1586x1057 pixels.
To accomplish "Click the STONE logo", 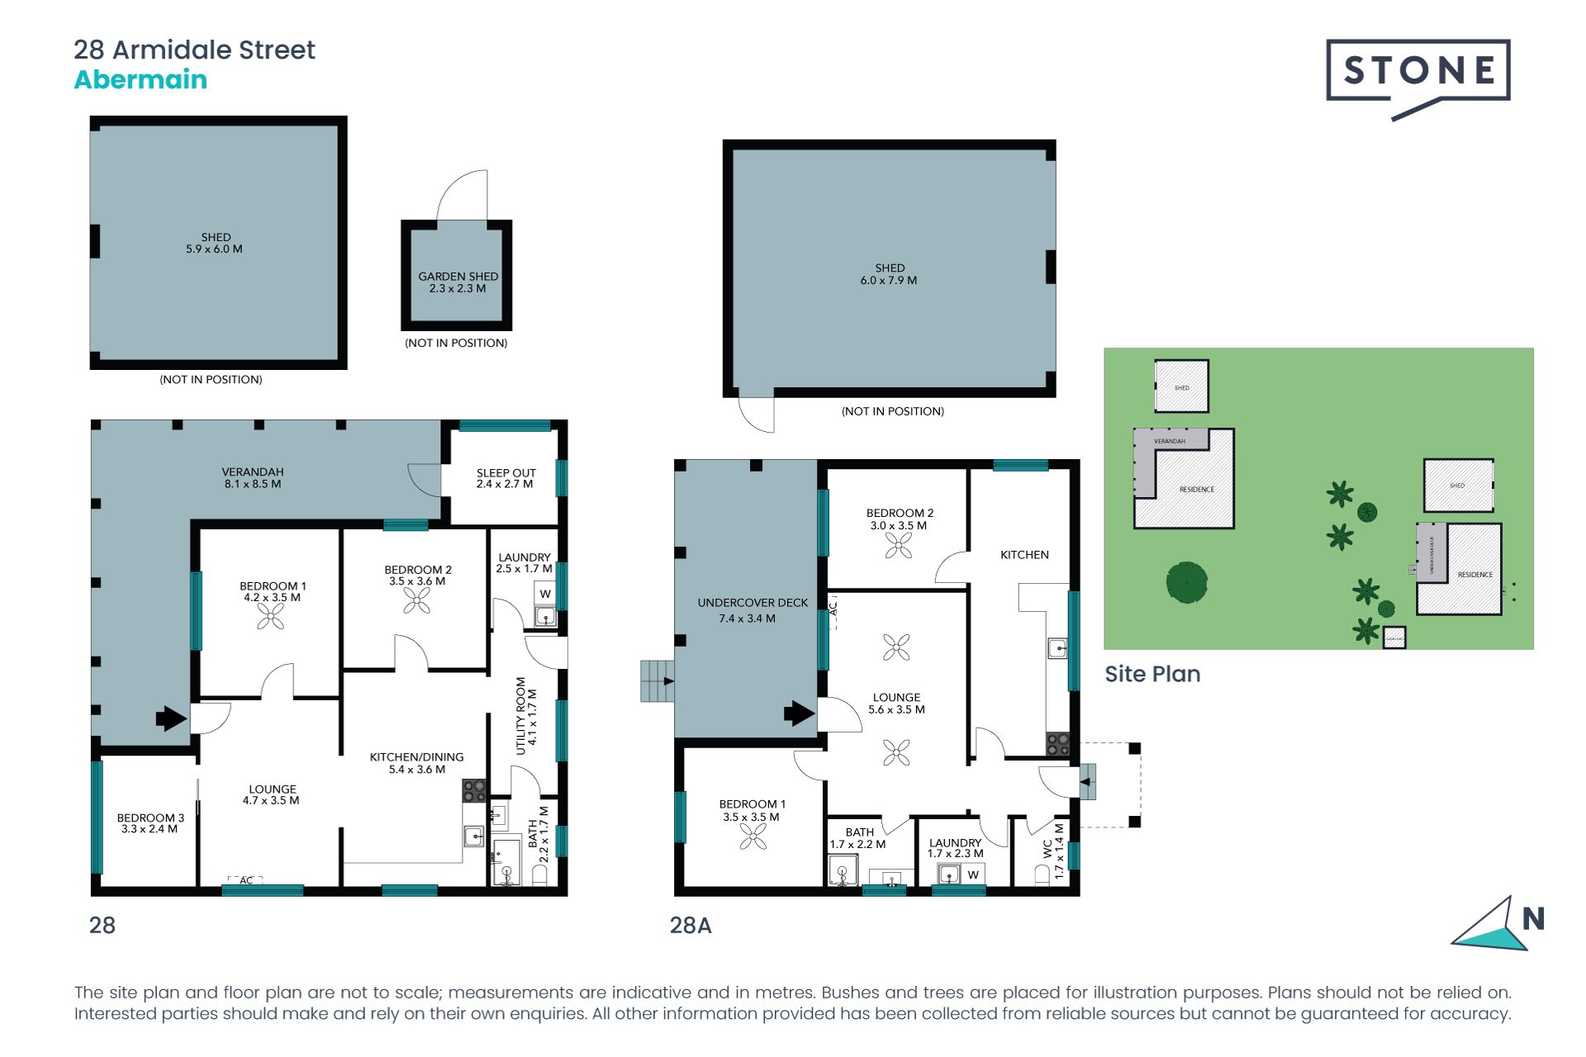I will [1417, 72].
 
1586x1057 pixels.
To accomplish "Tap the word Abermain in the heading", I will [140, 80].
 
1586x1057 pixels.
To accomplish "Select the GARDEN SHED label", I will [458, 277].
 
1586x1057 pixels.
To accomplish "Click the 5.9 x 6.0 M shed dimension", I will [214, 249].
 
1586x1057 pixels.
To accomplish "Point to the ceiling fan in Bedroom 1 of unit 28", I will [271, 616].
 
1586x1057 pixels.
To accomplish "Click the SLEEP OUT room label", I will [506, 473].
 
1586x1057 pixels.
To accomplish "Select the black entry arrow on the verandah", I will [171, 718].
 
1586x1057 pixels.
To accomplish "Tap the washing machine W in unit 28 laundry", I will [545, 594].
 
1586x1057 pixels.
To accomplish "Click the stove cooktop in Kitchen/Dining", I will [473, 790].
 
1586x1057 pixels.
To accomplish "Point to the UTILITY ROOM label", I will [520, 716].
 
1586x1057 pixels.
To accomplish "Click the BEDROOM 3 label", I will [150, 818].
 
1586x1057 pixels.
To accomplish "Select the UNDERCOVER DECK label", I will [753, 603].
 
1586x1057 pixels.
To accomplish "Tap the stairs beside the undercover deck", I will [658, 681].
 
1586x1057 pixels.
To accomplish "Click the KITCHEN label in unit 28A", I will [1024, 555].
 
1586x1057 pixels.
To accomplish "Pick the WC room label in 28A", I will [1047, 849].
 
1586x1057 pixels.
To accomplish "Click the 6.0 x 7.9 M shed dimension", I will [889, 280].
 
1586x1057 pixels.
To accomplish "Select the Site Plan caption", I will [1152, 674].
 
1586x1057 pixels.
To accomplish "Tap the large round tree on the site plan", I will [1187, 582].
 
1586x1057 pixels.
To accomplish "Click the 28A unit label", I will [691, 925].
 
